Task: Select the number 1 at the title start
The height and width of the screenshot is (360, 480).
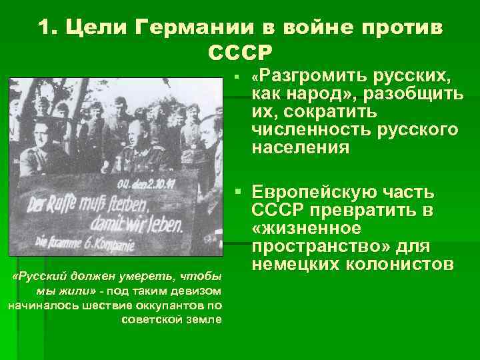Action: pos(44,28)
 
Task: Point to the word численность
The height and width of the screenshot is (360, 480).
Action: pos(304,129)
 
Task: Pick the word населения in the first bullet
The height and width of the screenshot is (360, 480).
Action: pos(301,147)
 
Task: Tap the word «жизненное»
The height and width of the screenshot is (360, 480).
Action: pos(306,229)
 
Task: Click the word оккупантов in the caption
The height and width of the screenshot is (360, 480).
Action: pos(174,305)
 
